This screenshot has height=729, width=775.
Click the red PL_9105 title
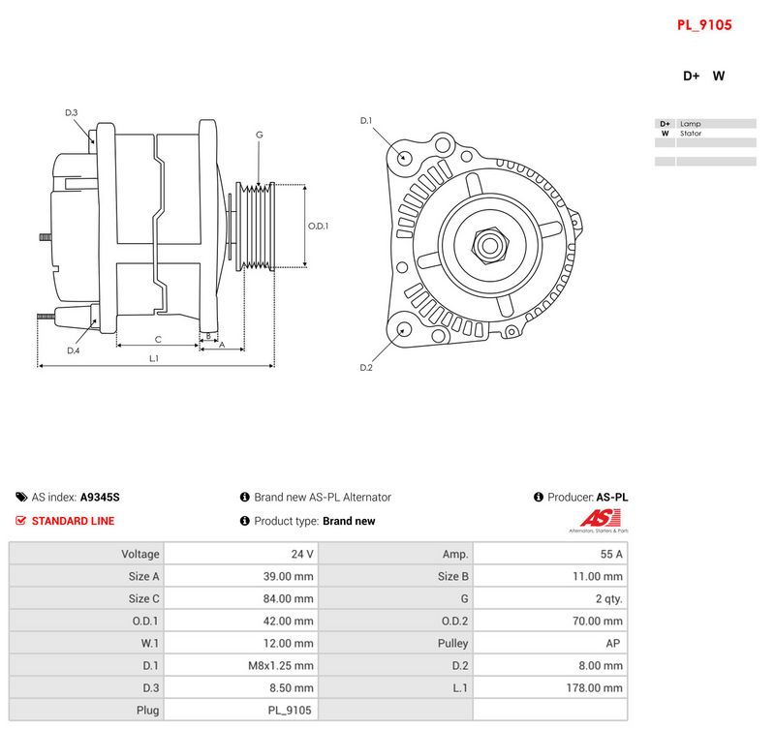tap(704, 25)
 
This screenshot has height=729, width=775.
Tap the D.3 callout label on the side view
tap(71, 112)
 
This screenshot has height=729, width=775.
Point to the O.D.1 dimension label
tap(318, 226)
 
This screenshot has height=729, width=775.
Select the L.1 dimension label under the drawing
tap(154, 358)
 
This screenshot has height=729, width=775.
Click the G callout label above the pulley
tap(259, 135)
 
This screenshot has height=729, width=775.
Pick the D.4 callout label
tap(74, 350)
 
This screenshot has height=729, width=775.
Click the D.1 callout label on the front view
tap(366, 120)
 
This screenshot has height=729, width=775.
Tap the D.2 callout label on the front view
tap(366, 368)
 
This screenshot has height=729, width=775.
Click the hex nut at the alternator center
tap(490, 246)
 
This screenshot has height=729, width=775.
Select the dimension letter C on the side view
tap(158, 339)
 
